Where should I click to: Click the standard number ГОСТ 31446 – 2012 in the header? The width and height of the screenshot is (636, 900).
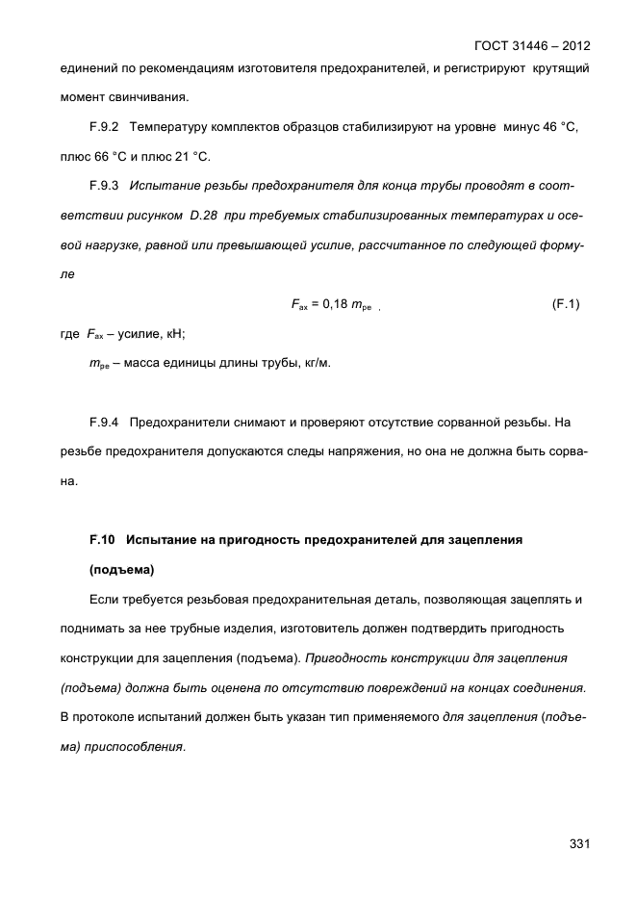click(532, 45)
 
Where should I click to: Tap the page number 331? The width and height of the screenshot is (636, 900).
click(578, 844)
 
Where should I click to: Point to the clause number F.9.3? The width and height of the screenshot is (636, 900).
click(103, 184)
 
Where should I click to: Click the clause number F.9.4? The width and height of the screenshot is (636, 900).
click(103, 422)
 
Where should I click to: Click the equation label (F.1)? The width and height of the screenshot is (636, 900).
click(569, 305)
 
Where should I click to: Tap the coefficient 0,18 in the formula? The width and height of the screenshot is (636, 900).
click(334, 305)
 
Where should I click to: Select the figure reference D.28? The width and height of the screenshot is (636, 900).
click(208, 212)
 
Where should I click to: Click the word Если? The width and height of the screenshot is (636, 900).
click(105, 600)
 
